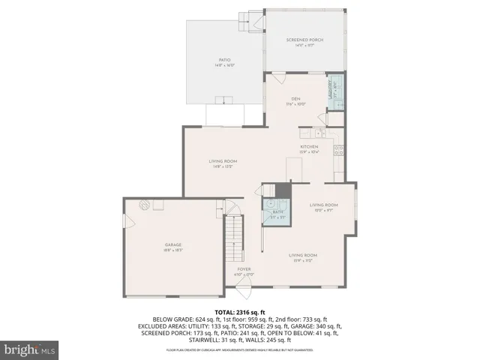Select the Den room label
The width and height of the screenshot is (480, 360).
(296, 100)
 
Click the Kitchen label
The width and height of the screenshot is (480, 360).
(310, 148)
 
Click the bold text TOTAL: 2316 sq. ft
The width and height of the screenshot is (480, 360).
(239, 311)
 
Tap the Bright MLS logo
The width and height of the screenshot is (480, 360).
(30, 349)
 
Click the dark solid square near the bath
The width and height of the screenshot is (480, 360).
(283, 190)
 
